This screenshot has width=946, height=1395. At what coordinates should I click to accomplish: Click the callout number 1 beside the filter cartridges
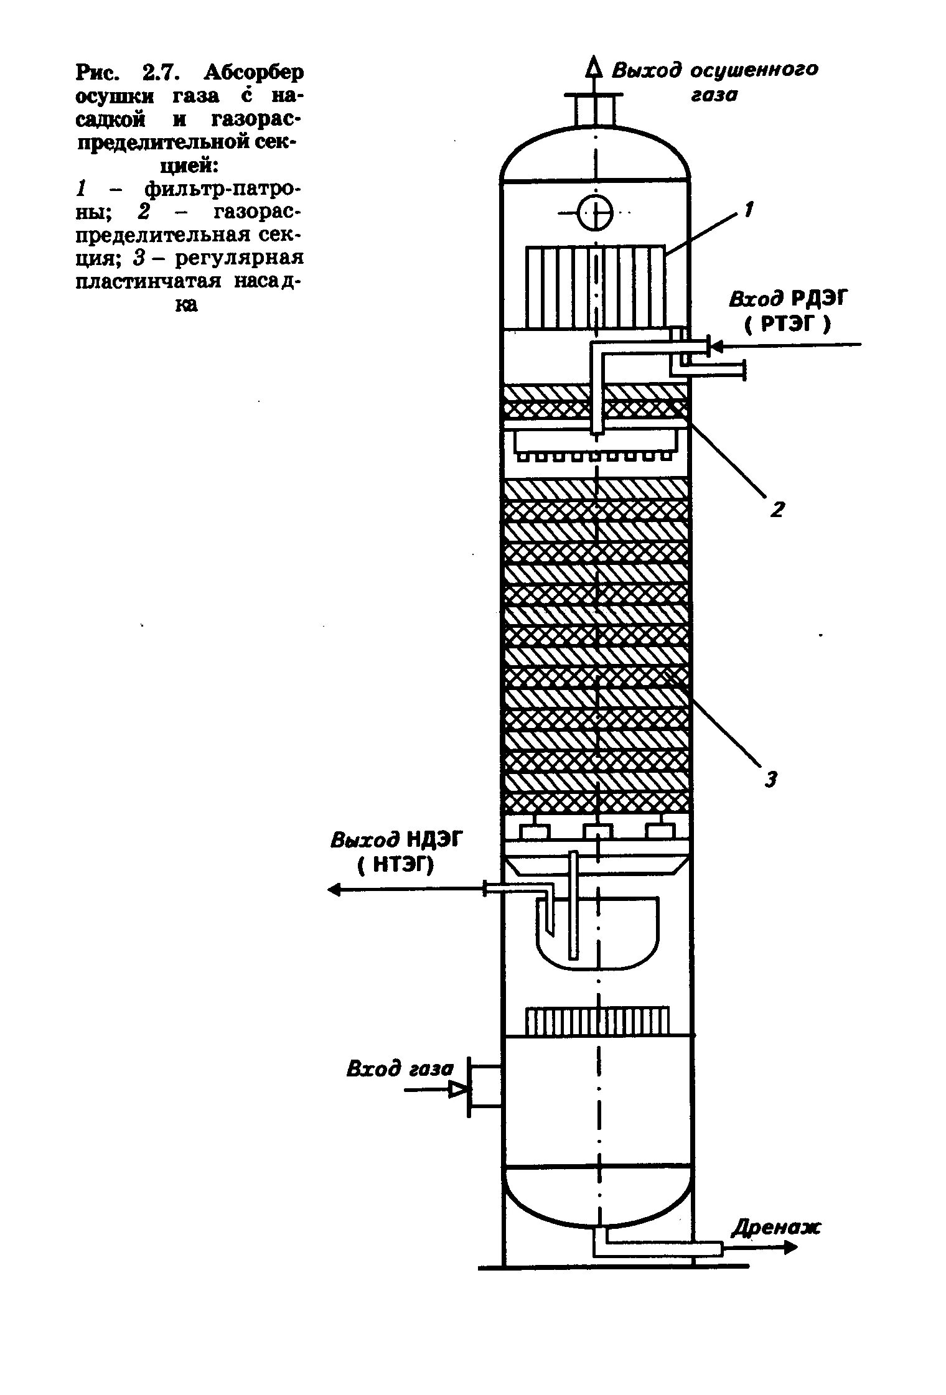click(749, 210)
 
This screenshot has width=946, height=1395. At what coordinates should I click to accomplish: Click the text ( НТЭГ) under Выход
click(396, 864)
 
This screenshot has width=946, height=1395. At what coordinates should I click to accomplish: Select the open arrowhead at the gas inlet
click(459, 1089)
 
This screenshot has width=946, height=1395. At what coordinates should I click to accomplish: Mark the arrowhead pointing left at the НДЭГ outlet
click(335, 890)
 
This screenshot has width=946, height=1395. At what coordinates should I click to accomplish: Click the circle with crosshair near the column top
click(596, 213)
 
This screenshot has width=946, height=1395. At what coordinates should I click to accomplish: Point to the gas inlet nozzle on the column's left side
click(485, 1086)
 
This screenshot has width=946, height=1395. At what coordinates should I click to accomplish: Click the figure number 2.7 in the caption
click(161, 73)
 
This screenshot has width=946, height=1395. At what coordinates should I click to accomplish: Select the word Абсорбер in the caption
click(254, 73)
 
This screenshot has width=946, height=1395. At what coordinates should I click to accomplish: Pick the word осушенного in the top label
click(755, 70)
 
